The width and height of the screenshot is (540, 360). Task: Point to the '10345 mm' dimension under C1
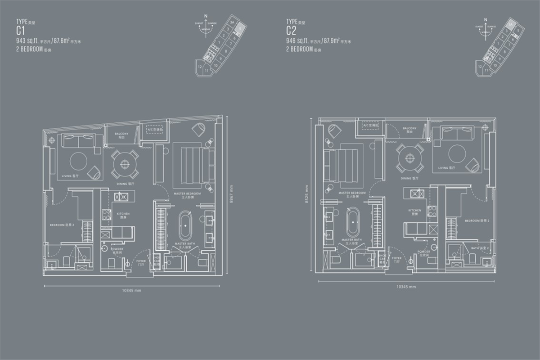(x=132, y=291)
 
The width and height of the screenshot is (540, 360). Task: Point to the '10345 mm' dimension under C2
(x=406, y=287)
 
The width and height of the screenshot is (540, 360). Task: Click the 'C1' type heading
(x=21, y=31)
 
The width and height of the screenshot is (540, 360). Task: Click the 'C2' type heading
(x=292, y=31)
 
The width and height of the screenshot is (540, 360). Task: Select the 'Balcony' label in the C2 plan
(x=409, y=130)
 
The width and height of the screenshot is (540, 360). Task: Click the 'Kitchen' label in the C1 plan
(x=123, y=215)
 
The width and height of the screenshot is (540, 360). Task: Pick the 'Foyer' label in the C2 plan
(x=396, y=259)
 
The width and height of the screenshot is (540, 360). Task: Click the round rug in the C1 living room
(x=80, y=161)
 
